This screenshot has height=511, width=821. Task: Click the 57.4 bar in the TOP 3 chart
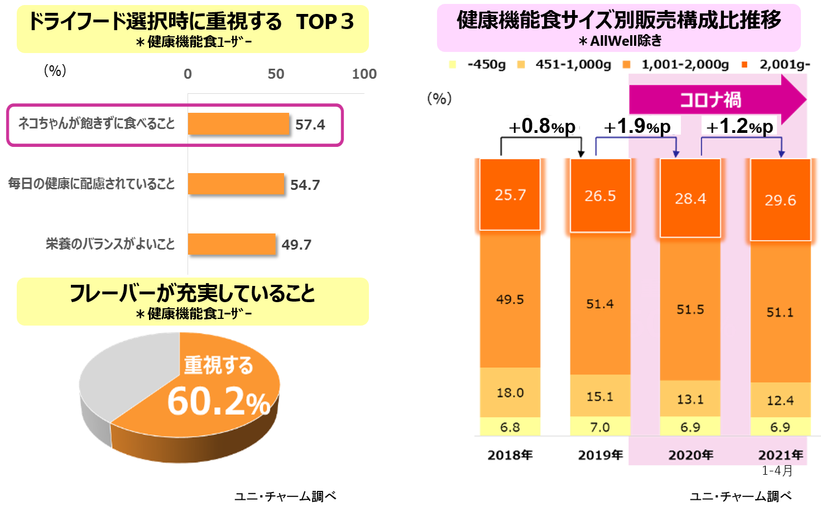point(238,124)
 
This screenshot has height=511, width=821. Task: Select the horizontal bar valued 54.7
point(236,184)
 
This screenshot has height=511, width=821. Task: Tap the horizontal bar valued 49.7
point(231,244)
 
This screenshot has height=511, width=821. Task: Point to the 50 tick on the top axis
point(276,74)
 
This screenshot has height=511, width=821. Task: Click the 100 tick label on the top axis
point(364,74)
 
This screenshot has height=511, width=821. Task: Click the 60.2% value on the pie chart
point(219,401)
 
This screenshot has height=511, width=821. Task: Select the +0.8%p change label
point(541,126)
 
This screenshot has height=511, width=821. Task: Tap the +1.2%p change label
point(740,126)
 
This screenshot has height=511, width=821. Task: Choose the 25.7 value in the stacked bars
point(510,194)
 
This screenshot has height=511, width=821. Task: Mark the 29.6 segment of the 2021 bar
point(780,200)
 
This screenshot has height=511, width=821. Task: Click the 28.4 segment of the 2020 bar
point(690,198)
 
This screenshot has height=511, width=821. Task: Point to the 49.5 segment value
point(510,300)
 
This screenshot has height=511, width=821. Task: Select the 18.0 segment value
point(510,393)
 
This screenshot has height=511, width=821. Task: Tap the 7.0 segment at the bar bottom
point(600,427)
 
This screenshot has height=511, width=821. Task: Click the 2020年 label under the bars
point(691,455)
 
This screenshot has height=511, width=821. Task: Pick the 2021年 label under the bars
point(780,455)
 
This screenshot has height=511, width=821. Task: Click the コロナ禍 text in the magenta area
point(710,101)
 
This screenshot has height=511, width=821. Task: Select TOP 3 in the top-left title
point(325,22)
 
